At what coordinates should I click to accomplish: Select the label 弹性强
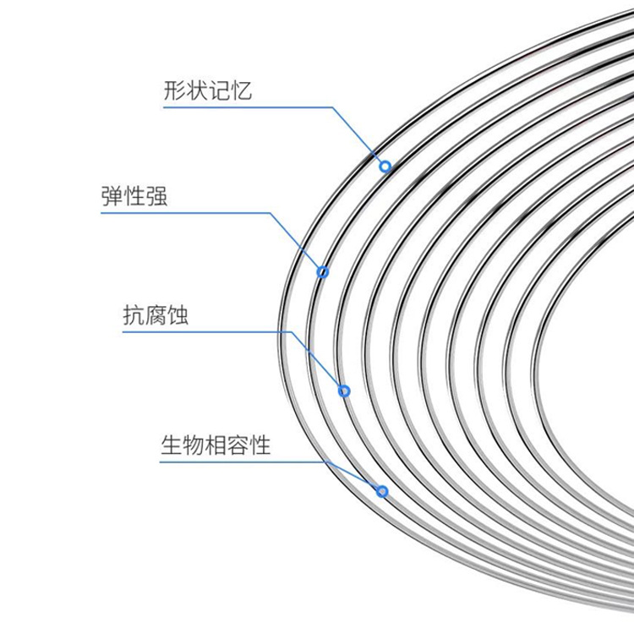pos(134,197)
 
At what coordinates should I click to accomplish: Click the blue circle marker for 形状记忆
pos(385,167)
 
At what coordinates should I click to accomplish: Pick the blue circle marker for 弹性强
pos(322,271)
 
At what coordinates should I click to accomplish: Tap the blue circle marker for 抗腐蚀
pos(344,391)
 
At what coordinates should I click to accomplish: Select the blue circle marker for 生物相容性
pos(382,490)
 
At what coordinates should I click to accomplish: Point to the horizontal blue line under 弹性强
pos(186,212)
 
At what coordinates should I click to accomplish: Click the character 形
pos(175,90)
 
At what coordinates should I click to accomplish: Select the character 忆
pos(240,90)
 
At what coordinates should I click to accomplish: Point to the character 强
pos(156,197)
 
